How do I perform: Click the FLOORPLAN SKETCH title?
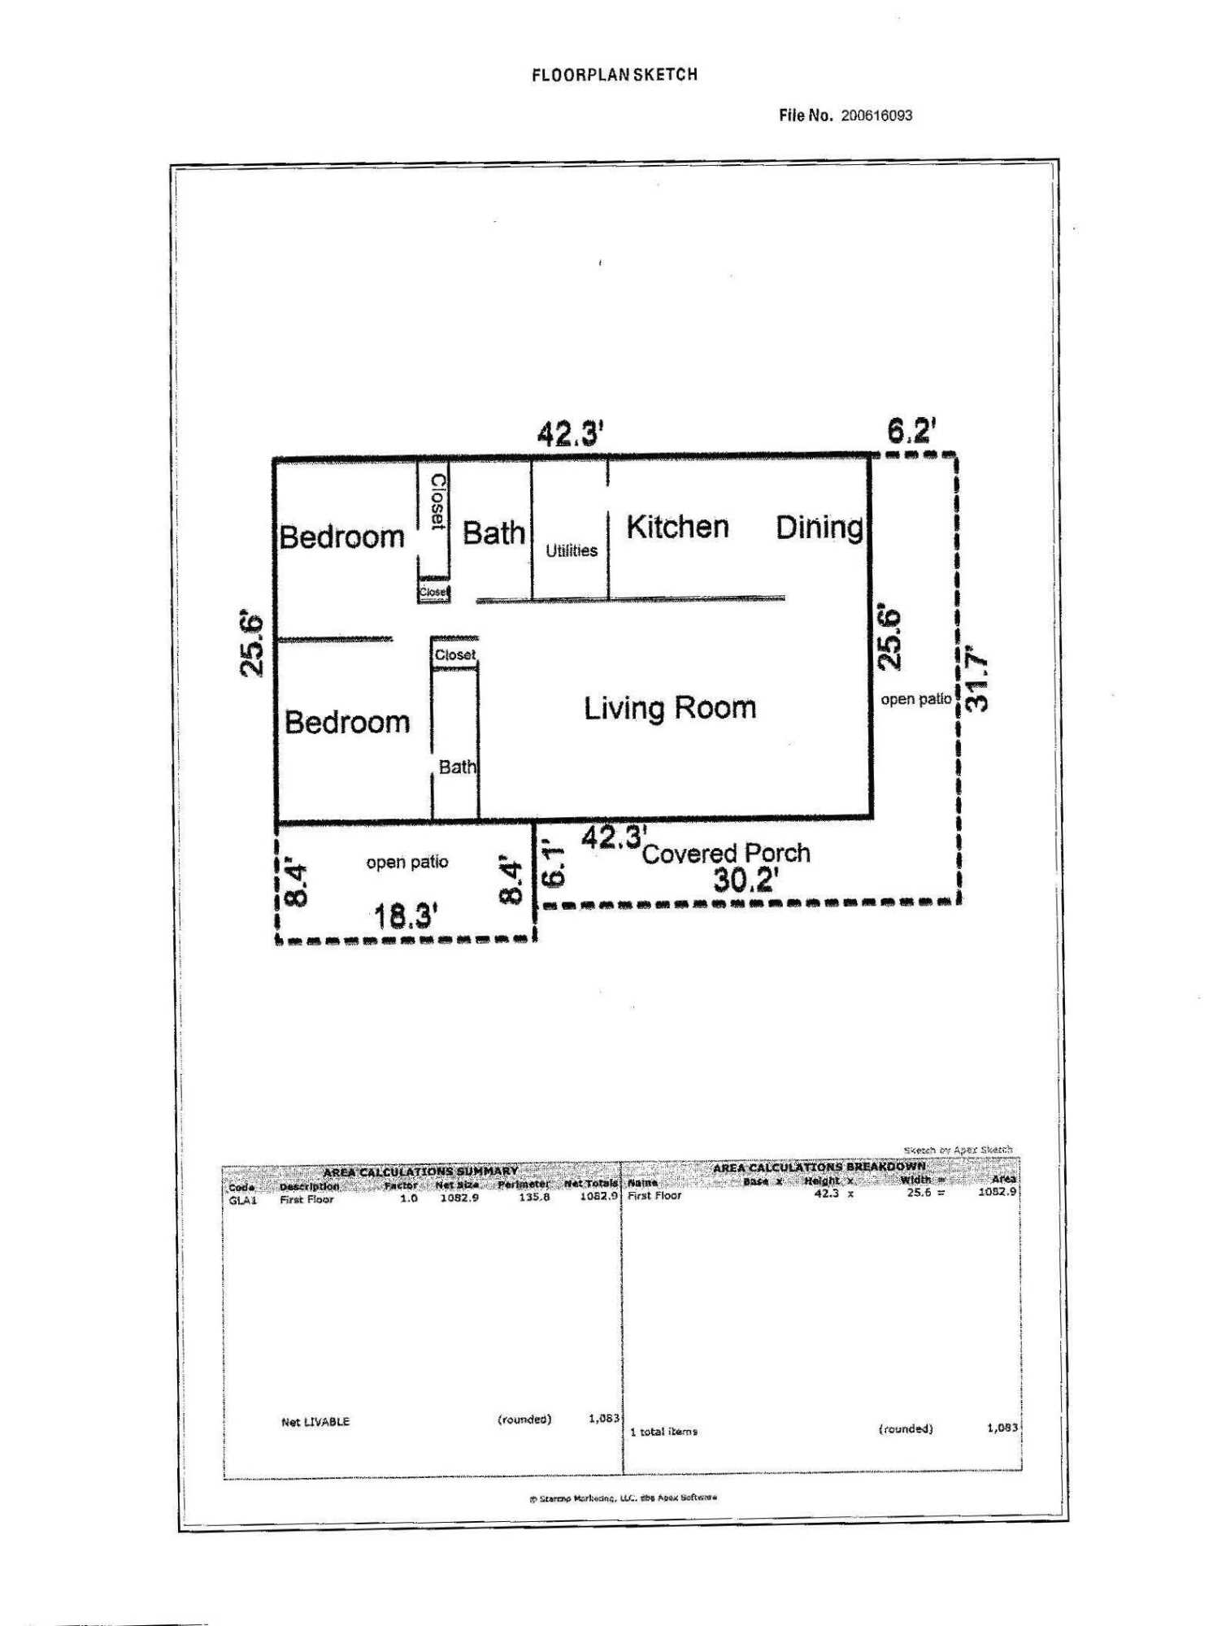(615, 75)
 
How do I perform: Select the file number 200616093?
(876, 115)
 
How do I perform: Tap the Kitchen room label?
(677, 527)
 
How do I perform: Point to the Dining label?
(819, 528)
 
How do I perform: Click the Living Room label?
(670, 708)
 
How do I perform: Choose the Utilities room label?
(571, 550)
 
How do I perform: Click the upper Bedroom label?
(341, 537)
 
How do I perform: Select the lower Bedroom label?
(347, 722)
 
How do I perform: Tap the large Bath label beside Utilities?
(493, 533)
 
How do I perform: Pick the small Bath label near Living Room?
(457, 767)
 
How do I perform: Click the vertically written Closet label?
(437, 502)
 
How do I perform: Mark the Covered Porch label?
(726, 854)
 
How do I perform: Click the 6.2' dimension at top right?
(911, 430)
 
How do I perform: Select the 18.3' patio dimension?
(406, 916)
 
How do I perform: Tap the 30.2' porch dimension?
(746, 880)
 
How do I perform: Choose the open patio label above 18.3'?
(406, 862)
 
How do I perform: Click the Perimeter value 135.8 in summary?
(534, 1198)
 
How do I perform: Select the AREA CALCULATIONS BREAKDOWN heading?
(819, 1167)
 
